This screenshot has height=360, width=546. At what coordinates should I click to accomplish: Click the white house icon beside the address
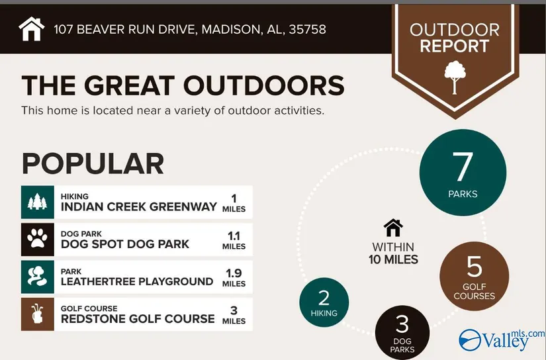[x=32, y=28]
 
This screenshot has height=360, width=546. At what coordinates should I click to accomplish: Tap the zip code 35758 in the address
[x=308, y=29]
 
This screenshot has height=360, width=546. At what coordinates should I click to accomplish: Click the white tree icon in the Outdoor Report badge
[x=455, y=77]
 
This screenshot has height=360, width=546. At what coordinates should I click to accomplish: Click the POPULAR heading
[x=93, y=163]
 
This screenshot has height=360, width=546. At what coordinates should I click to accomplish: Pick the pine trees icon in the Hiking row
[x=37, y=202]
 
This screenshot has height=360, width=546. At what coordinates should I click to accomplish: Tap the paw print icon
[x=37, y=239]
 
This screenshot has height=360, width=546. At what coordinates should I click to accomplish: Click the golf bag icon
[x=37, y=314]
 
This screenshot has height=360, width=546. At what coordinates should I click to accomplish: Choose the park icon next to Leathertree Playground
[x=37, y=277]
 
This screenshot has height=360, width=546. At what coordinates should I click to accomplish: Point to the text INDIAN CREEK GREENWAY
[x=138, y=207]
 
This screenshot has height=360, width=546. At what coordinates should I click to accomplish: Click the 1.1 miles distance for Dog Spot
[x=234, y=241]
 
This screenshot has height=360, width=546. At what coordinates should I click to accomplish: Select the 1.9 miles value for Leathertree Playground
[x=234, y=278]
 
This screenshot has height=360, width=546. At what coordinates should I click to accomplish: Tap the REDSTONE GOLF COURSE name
[x=138, y=319]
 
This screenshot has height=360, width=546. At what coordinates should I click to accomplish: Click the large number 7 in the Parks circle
[x=463, y=167]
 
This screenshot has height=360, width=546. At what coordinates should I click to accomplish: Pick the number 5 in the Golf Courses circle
[x=475, y=267]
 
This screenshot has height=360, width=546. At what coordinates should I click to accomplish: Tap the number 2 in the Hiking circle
[x=324, y=298]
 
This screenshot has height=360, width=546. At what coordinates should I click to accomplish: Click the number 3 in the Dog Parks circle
[x=402, y=324]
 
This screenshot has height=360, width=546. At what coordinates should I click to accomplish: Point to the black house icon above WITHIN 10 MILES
[x=393, y=228]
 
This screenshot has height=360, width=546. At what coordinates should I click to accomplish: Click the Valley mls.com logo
[x=502, y=339]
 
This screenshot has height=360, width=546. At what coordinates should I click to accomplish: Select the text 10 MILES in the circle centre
[x=393, y=259]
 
